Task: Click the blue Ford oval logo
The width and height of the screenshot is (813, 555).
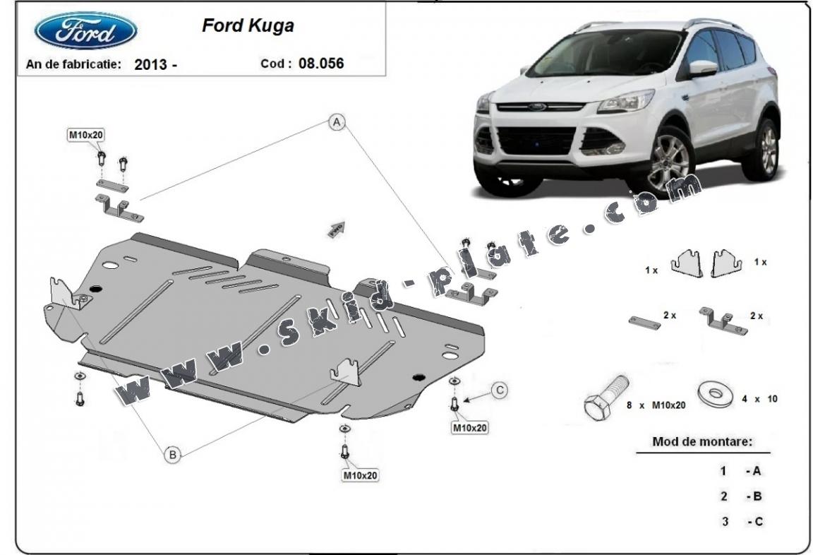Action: pos(85,30)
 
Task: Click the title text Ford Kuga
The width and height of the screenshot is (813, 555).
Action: pos(248,25)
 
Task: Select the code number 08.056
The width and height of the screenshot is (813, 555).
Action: pos(321,64)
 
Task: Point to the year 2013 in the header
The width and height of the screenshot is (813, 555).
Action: pos(151,64)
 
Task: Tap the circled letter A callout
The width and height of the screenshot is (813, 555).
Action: pos(337,122)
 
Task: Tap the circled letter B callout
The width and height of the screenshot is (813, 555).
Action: pos(173,455)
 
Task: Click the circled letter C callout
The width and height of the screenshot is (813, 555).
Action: pos(500,390)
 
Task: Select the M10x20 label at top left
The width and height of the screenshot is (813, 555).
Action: pos(86,135)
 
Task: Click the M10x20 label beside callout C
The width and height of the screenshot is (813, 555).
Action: pos(470,427)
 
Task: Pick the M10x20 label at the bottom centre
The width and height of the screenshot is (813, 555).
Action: pos(361,475)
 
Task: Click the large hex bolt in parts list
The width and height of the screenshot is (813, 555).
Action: pos(606,398)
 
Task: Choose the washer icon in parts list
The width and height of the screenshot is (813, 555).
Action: pos(716,394)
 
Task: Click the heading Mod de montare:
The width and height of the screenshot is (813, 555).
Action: pos(702,442)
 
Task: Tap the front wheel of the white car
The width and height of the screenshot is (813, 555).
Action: pos(670,161)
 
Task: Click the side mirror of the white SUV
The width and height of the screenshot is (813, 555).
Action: pos(703,68)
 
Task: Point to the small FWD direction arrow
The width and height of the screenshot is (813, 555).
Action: pos(337,229)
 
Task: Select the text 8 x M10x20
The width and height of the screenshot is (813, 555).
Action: pos(656,405)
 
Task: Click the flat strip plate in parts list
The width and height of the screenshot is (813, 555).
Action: pos(644,323)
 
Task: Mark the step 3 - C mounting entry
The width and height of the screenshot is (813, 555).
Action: pos(742,521)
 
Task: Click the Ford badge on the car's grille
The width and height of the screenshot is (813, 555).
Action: pos(537,107)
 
